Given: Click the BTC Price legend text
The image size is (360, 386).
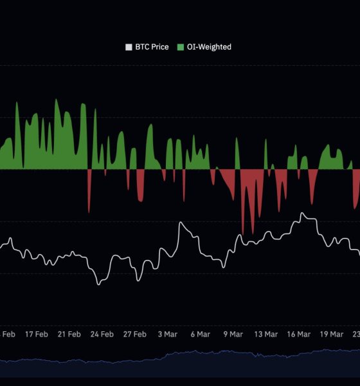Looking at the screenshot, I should pyautogui.click(x=152, y=47).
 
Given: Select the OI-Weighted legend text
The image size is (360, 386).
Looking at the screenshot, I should pyautogui.click(x=210, y=47).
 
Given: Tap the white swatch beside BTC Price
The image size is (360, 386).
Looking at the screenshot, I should pyautogui.click(x=129, y=47).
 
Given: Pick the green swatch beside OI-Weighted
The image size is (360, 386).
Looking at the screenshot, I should pyautogui.click(x=181, y=47).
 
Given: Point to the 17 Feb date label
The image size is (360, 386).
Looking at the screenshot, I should pyautogui.click(x=37, y=334).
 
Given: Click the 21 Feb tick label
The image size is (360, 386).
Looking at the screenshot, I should pyautogui.click(x=69, y=334).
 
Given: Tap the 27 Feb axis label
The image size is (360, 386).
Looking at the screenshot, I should pyautogui.click(x=134, y=334).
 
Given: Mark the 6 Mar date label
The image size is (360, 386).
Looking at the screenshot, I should pyautogui.click(x=200, y=334).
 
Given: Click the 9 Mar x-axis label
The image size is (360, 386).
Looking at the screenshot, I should pyautogui.click(x=233, y=334).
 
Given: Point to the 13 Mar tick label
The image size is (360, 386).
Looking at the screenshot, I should pyautogui.click(x=265, y=334).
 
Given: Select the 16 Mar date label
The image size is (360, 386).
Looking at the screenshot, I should pyautogui.click(x=298, y=334).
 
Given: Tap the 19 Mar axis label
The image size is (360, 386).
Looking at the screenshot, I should pyautogui.click(x=331, y=334).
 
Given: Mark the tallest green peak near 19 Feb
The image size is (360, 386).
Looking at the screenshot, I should pyautogui.click(x=57, y=99).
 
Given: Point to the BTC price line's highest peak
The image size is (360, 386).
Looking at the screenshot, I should pyautogui.click(x=302, y=214).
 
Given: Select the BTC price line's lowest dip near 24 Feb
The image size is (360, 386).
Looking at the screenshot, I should pyautogui.click(x=98, y=284).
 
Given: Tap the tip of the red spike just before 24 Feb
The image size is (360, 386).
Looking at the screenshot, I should pyautogui.click(x=89, y=212).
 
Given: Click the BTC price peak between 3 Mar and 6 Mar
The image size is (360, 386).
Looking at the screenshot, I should pyautogui.click(x=181, y=223).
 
